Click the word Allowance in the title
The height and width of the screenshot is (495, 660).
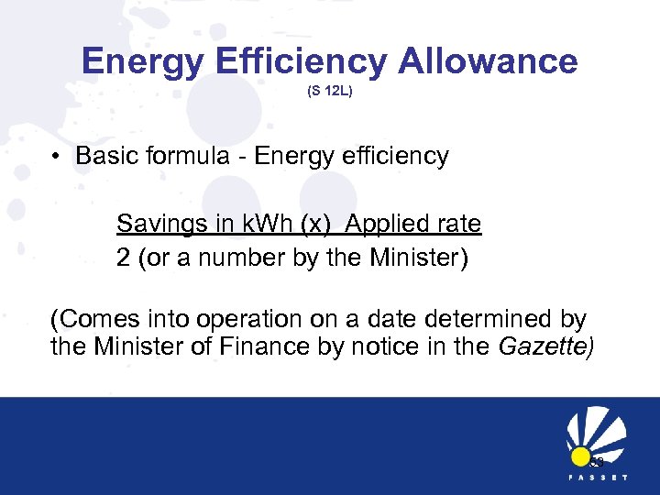click(x=488, y=61)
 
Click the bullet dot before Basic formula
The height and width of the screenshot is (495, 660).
click(x=58, y=157)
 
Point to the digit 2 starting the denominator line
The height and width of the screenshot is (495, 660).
click(x=123, y=258)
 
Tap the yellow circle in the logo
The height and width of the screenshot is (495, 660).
click(x=580, y=456)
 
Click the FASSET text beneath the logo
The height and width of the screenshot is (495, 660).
click(x=596, y=478)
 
